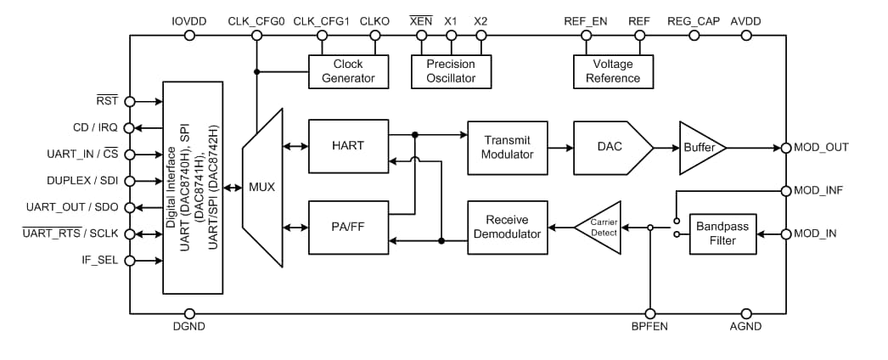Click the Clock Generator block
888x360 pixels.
click(348, 71)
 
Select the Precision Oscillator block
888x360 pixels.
click(451, 71)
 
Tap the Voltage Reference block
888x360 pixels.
click(613, 71)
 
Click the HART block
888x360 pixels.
click(348, 146)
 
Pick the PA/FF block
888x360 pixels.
click(348, 227)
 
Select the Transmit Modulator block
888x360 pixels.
click(508, 147)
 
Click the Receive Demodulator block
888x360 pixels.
click(508, 227)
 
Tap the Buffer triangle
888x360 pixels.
click(701, 147)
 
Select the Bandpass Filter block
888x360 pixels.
click(722, 233)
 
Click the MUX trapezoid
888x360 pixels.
click(261, 187)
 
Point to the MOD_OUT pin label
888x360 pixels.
click(821, 148)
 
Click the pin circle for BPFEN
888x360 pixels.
click(649, 313)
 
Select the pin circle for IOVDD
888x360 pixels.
click(189, 36)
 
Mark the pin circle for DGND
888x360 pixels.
click(189, 313)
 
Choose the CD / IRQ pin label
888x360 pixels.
click(94, 128)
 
